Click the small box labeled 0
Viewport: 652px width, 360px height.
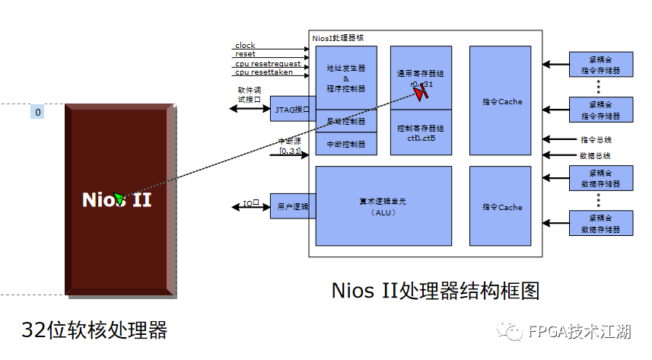(x=38, y=113)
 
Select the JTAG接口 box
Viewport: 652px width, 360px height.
(x=290, y=110)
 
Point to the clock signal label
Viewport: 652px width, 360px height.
(x=245, y=46)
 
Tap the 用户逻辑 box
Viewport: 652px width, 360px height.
(x=290, y=206)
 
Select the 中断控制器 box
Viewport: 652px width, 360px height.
(x=346, y=144)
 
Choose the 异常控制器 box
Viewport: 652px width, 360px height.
(x=346, y=121)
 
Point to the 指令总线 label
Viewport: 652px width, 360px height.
(x=596, y=140)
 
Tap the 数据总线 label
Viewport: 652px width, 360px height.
(x=596, y=155)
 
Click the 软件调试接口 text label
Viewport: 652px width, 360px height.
(x=250, y=94)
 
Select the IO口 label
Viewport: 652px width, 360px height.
(x=251, y=204)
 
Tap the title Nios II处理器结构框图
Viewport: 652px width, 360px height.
(x=436, y=291)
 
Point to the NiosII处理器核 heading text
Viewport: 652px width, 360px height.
(x=339, y=37)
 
